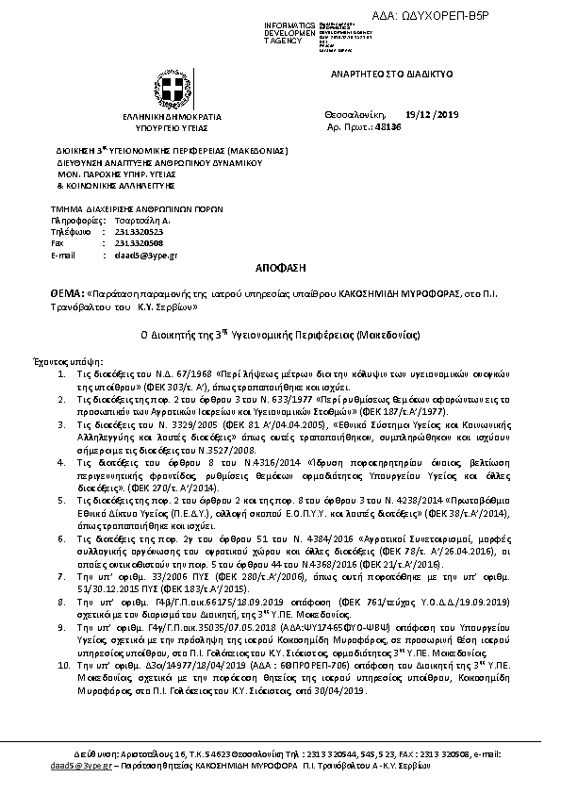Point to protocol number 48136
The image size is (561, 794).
click(x=414, y=125)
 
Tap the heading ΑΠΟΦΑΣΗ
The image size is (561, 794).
click(x=280, y=269)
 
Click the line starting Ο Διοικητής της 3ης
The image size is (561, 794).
click(x=280, y=335)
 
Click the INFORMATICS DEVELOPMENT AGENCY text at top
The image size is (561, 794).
click(x=264, y=30)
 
